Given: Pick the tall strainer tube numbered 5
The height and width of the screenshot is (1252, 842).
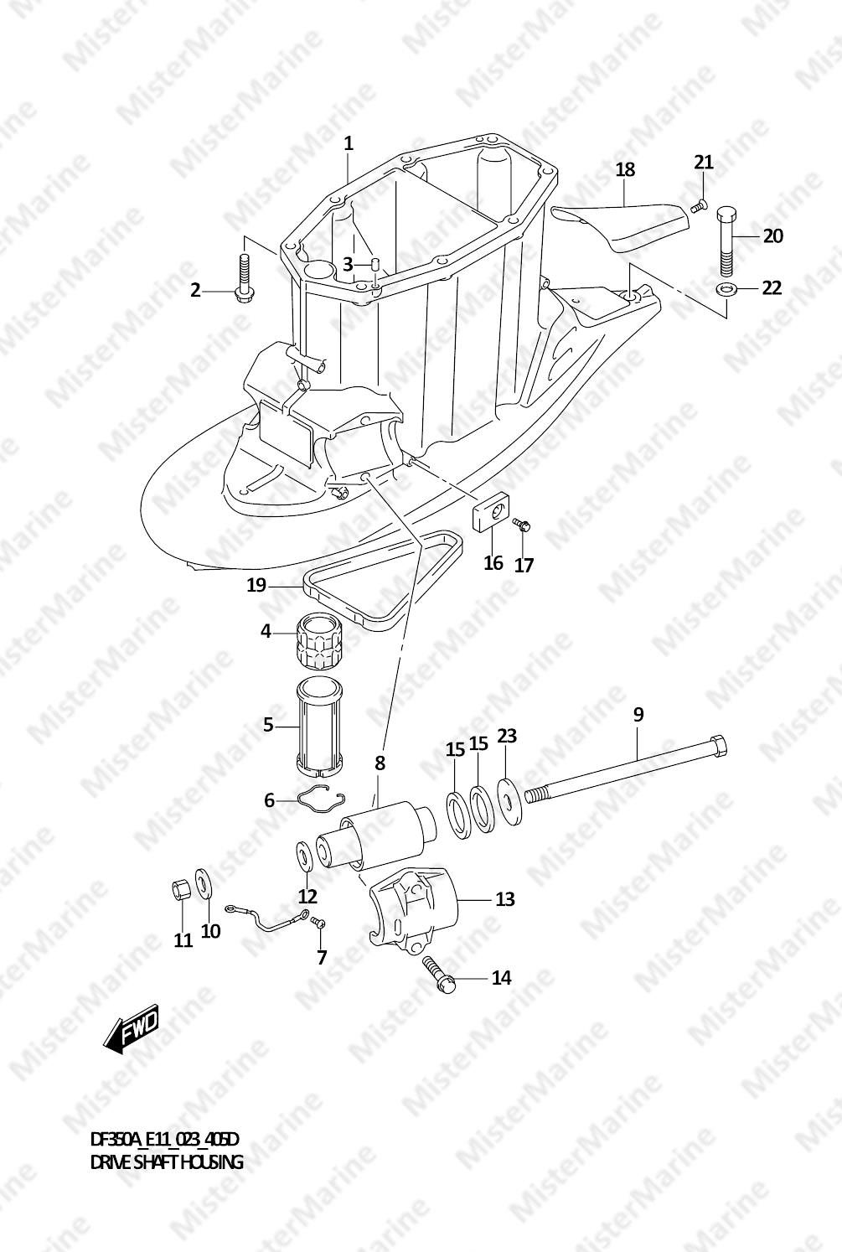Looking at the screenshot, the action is [319, 727].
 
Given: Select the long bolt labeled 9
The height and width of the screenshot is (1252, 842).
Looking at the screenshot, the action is [626, 768].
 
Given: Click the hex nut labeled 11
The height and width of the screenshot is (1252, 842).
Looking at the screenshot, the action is [181, 888].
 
